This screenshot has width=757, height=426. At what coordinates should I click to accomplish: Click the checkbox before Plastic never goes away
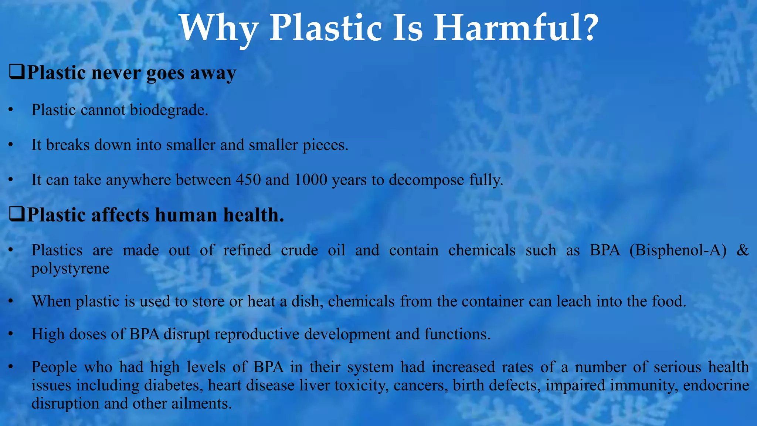17,72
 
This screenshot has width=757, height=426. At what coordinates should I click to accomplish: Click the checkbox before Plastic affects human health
17,214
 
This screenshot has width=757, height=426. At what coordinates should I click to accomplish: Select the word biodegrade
169,110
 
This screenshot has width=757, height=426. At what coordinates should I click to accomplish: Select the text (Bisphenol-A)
678,250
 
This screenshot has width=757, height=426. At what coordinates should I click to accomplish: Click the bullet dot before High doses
11,334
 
